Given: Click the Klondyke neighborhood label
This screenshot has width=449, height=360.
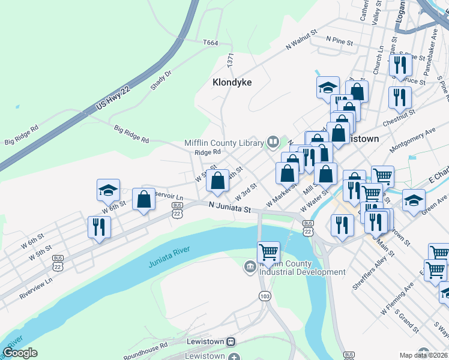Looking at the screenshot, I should (x=232, y=82).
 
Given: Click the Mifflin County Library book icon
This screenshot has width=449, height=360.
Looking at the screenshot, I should (x=273, y=142).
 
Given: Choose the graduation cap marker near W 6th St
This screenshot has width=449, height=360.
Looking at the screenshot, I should (x=108, y=190).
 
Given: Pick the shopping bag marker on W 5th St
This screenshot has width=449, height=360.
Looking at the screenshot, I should (x=217, y=179).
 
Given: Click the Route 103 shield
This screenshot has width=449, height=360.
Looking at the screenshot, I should (x=264, y=296).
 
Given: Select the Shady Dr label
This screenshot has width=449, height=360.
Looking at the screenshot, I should (x=161, y=79).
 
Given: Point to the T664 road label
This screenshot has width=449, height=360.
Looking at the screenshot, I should (x=210, y=43).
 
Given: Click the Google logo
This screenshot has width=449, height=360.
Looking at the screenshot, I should (x=20, y=352).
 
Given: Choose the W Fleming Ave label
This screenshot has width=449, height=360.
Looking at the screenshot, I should (x=397, y=300).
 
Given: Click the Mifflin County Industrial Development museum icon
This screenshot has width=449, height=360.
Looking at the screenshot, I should (x=250, y=266).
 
